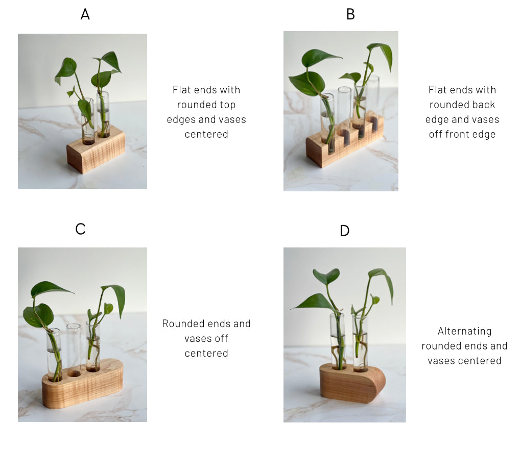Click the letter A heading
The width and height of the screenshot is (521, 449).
point(85,14)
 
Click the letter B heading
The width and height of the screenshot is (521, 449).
point(350,14)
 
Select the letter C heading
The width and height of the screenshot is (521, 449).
point(80,229)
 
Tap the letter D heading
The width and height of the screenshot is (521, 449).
point(345,231)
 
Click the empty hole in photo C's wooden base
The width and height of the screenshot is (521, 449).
point(74,373)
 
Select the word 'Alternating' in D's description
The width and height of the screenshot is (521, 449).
point(464,331)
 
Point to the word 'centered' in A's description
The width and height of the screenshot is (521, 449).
point(206,134)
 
